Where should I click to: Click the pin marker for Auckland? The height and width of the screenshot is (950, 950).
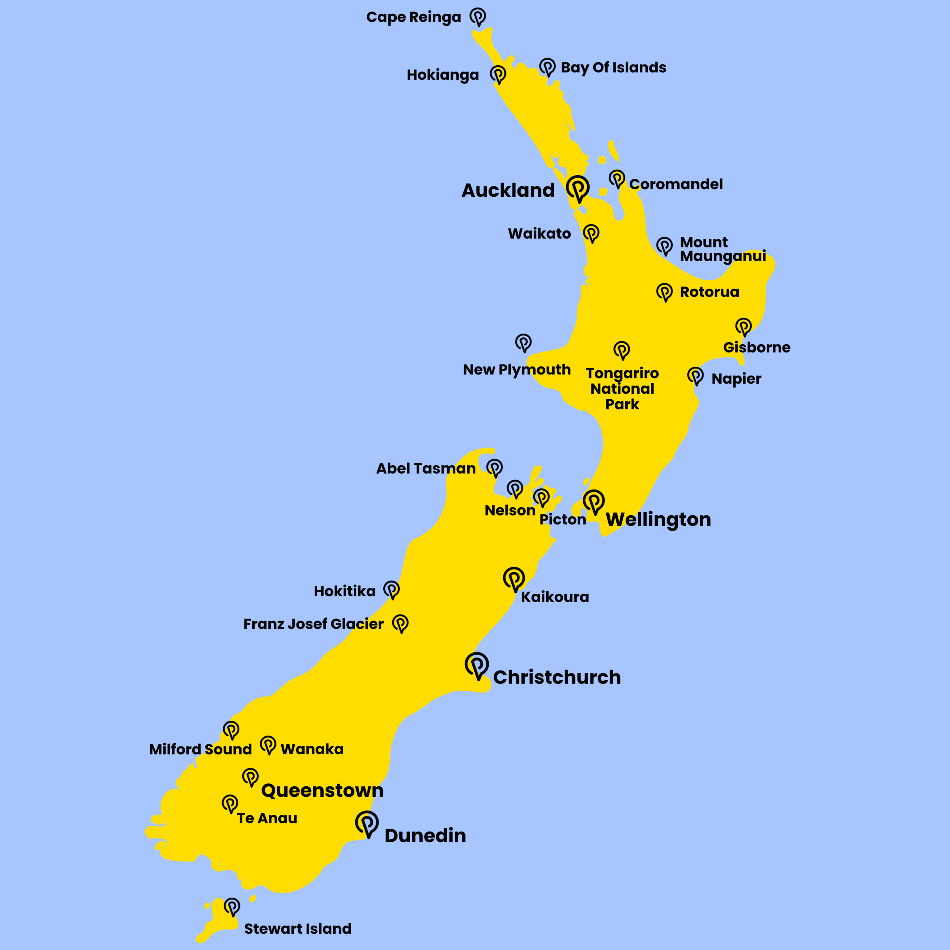point(577,188)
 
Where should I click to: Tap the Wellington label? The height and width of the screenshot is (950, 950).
point(658,520)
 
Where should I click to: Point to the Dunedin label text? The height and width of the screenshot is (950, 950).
point(425,835)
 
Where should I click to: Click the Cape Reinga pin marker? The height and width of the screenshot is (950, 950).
point(478,16)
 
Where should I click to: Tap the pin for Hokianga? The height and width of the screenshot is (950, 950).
point(498,74)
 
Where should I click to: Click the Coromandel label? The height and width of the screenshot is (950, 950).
point(676,184)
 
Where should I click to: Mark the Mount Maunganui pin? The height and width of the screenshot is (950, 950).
point(664,245)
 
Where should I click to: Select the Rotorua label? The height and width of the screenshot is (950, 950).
point(709,292)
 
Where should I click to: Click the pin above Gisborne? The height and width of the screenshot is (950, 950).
point(743,326)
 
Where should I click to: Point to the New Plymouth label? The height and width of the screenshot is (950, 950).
point(517,370)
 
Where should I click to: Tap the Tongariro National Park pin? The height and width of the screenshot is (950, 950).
point(622,350)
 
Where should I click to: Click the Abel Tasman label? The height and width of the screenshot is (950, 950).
point(426,469)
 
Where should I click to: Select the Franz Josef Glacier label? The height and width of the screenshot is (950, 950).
point(313,624)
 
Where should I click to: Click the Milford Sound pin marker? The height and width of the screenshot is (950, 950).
point(231,730)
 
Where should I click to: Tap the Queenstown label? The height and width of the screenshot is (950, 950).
point(322,791)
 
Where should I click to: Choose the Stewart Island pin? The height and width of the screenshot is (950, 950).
point(232,906)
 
